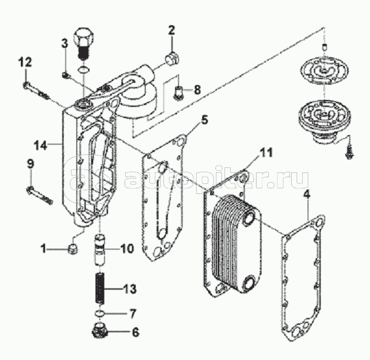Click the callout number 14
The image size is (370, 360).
[41, 145]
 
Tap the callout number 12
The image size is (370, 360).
[25, 62]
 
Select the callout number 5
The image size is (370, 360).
[204, 120]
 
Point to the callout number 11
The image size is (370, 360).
[266, 153]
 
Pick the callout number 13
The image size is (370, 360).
[129, 289]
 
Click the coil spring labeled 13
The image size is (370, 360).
[101, 289]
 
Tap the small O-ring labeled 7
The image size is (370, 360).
[99, 313]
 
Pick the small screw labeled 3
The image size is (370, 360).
[65, 75]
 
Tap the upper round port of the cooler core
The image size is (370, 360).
[249, 217]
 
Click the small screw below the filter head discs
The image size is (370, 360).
[349, 153]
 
